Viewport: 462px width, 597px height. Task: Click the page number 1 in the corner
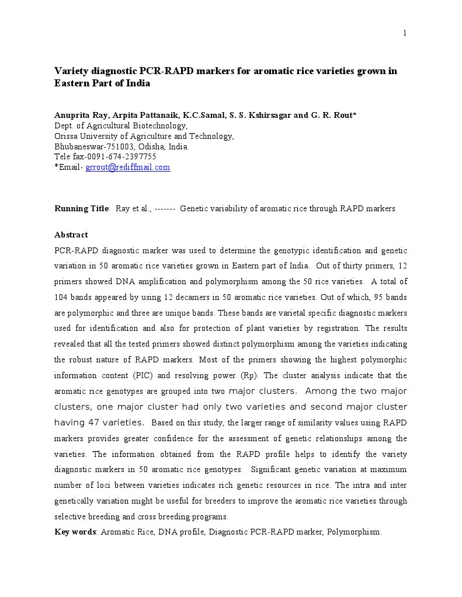(405, 33)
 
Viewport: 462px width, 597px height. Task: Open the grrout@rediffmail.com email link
(128, 167)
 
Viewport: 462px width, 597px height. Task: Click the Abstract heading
(71, 235)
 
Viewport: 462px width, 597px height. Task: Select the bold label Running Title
(81, 208)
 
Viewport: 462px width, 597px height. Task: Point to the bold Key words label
(75, 532)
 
